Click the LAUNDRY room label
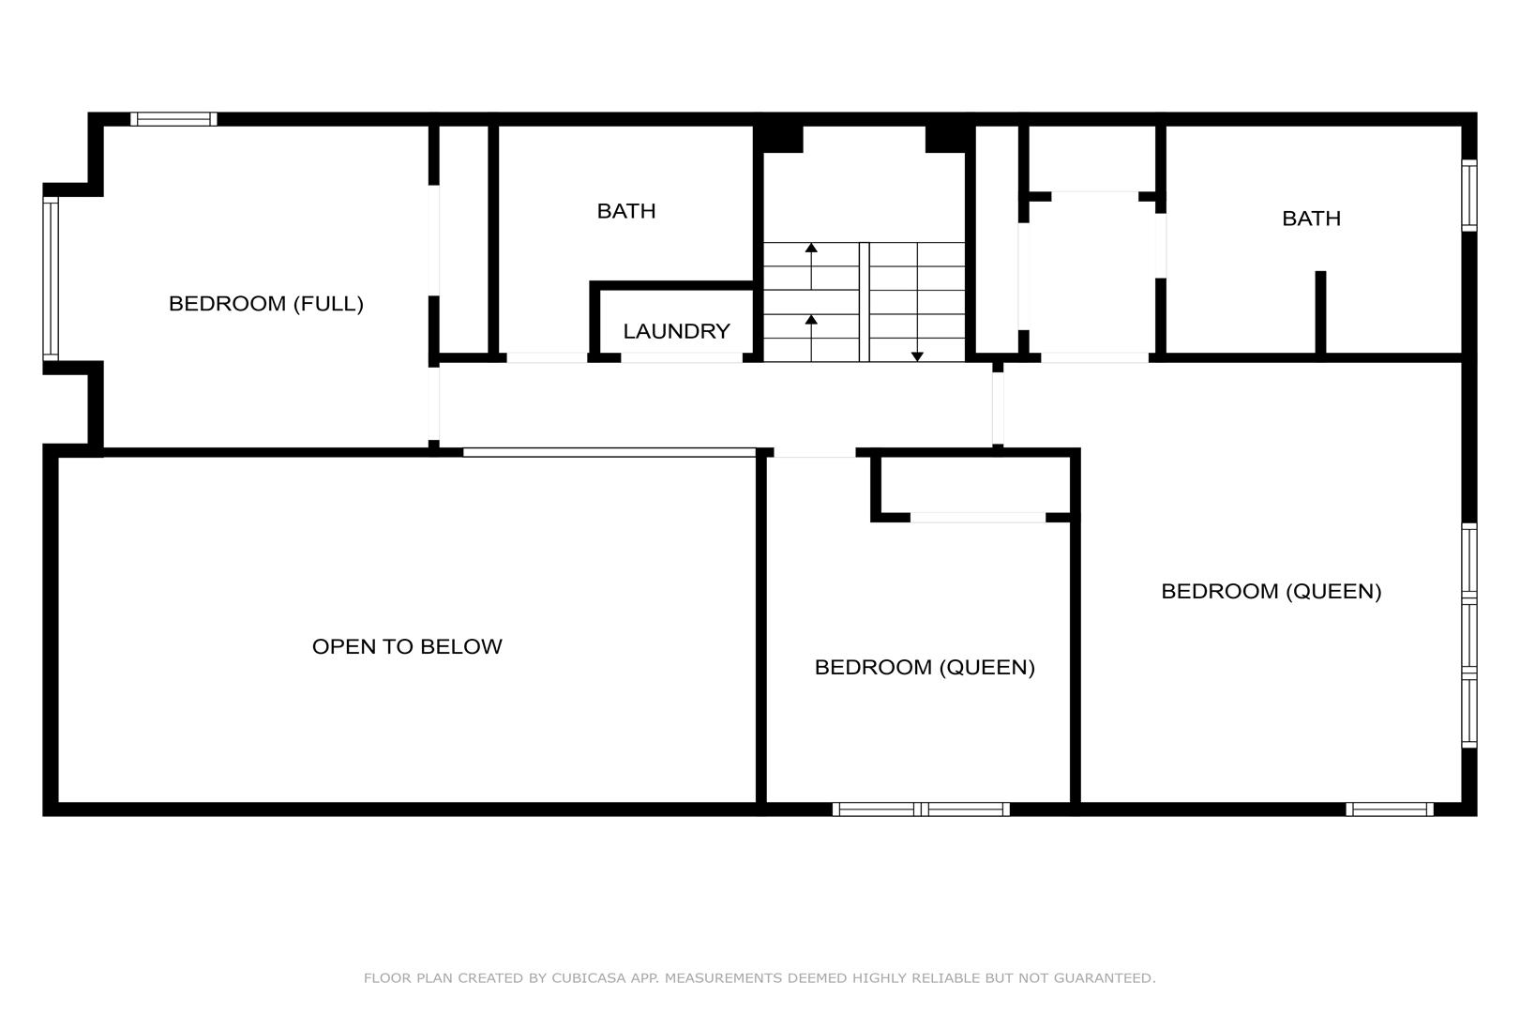coord(676,331)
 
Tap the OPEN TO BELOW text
coord(407,646)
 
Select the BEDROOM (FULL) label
coord(266,304)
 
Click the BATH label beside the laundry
coord(626,211)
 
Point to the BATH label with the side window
coord(1311,219)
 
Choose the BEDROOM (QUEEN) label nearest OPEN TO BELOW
coord(925,668)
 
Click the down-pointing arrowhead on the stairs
coord(917,356)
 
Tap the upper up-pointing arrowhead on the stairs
coord(811,247)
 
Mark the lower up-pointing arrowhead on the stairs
coord(811,319)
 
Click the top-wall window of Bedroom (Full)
coord(173,119)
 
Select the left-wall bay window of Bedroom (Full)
coord(51,279)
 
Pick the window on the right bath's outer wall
coord(1469,195)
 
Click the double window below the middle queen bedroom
coord(921,809)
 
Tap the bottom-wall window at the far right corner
coord(1390,809)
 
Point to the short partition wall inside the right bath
coord(1320,312)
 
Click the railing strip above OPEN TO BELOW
coord(610,452)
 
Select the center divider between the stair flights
coord(864,302)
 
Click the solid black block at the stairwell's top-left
coord(778,139)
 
